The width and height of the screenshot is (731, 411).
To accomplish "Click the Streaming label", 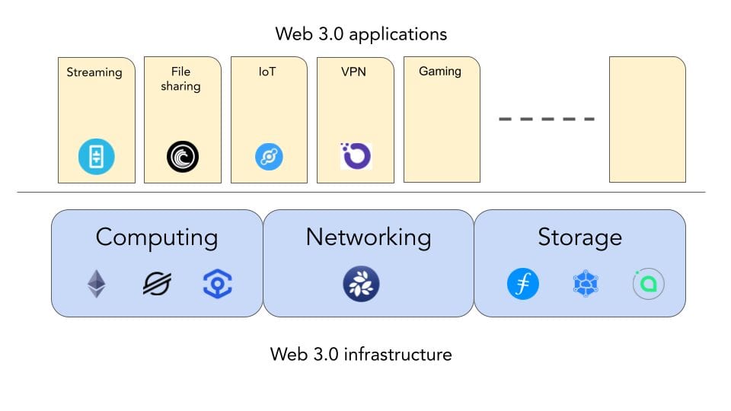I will point(94,72).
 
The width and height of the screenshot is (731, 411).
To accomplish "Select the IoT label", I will point(269,72).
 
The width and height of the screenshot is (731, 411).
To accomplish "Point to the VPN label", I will point(354,72).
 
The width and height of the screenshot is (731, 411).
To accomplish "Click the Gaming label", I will point(440,72).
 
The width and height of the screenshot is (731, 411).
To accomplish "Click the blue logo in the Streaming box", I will point(97,158).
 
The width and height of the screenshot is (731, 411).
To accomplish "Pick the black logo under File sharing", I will point(183,158).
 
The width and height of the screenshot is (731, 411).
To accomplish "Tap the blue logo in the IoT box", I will point(269,158).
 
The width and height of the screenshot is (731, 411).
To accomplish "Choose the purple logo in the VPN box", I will point(356,156).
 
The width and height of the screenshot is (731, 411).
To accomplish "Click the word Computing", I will point(157,237).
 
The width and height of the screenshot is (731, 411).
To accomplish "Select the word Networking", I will point(369,237).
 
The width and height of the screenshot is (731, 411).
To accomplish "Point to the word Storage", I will point(579,237).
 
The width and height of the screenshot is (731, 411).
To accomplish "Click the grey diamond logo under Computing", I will point(96,285).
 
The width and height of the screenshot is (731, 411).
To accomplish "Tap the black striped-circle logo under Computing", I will point(157,285).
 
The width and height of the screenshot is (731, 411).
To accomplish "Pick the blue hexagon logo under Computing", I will point(218,285).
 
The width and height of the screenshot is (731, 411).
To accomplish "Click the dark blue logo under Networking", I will point(361,285).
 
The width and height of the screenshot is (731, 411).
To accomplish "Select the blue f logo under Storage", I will point(523,285).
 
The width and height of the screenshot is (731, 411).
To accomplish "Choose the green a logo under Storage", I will point(649,285).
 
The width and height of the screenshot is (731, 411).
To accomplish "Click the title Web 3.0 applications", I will point(361,34).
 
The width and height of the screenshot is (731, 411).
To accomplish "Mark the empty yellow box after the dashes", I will point(647,119).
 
